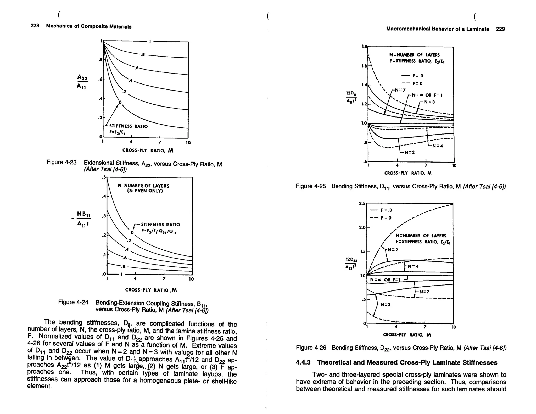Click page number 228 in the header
click(x=35, y=26)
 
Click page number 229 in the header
click(x=500, y=29)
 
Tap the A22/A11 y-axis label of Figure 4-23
click(x=82, y=81)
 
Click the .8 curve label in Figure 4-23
click(x=143, y=55)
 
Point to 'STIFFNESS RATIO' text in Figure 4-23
click(x=128, y=126)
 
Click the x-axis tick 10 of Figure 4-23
click(x=188, y=143)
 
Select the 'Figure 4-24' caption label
click(x=73, y=302)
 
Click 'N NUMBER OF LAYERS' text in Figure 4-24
click(x=144, y=186)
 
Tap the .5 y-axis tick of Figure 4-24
click(x=104, y=177)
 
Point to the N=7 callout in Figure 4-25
click(x=400, y=90)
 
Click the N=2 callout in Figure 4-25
click(x=410, y=152)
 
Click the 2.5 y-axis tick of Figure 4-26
click(x=362, y=203)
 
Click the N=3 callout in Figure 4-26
click(x=385, y=305)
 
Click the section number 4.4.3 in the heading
click(x=303, y=362)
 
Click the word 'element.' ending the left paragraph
click(x=39, y=386)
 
